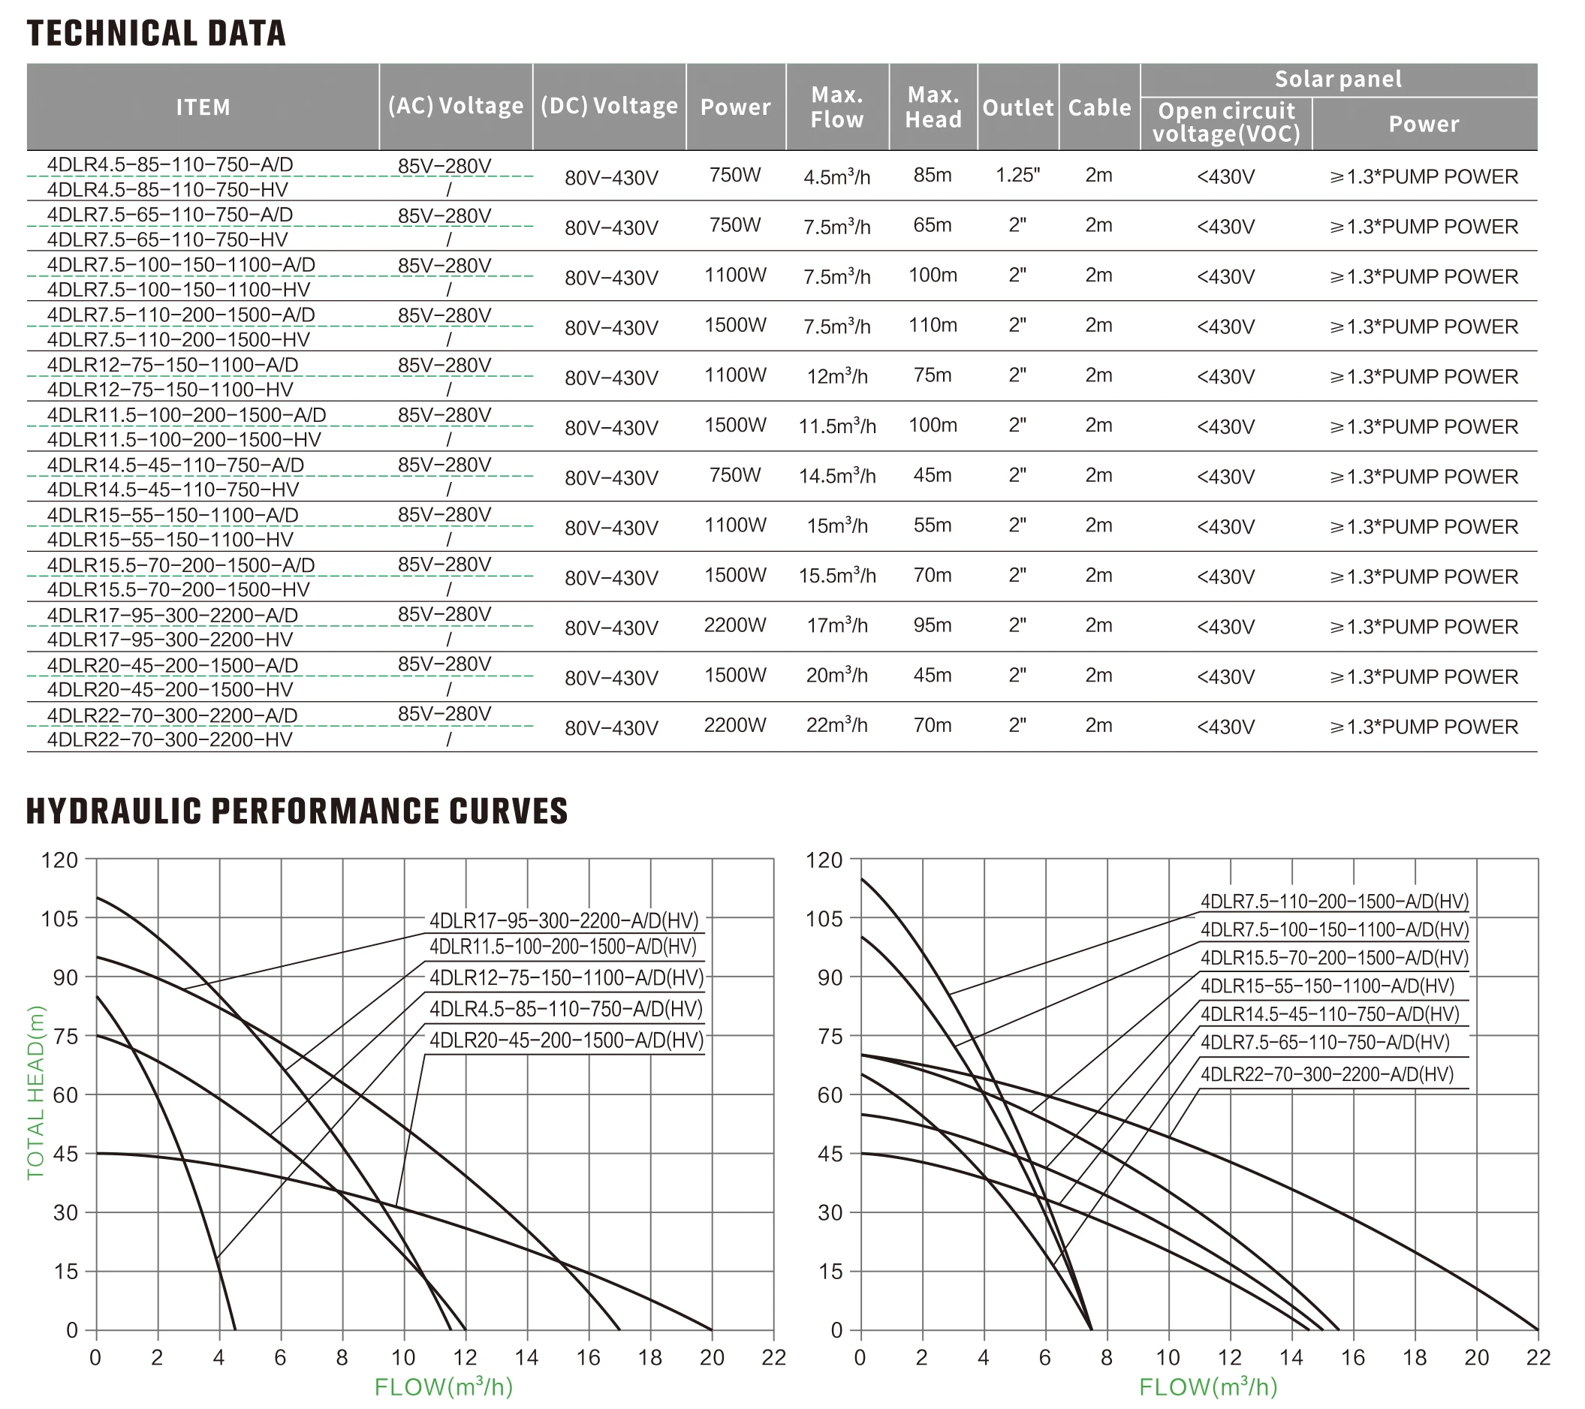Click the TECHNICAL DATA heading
tap(156, 33)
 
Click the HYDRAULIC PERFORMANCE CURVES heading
tap(297, 811)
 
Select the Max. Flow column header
tap(836, 107)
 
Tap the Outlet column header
tap(1017, 108)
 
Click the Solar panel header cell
tap(1338, 79)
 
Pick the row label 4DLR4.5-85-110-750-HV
tap(167, 190)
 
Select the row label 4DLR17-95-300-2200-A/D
tap(172, 616)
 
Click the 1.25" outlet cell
tap(1017, 175)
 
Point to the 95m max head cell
tap(932, 626)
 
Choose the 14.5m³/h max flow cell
tap(836, 476)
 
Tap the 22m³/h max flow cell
tap(836, 726)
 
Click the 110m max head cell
tap(932, 326)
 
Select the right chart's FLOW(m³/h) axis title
tap(1207, 1386)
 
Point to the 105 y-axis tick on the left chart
tap(60, 919)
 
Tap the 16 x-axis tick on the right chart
tap(1352, 1358)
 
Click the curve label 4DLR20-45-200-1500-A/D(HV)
tap(566, 1040)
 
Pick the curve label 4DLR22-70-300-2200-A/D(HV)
tap(1327, 1075)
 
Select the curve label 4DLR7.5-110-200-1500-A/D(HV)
tap(1333, 902)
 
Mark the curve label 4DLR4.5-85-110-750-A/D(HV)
tap(566, 1010)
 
